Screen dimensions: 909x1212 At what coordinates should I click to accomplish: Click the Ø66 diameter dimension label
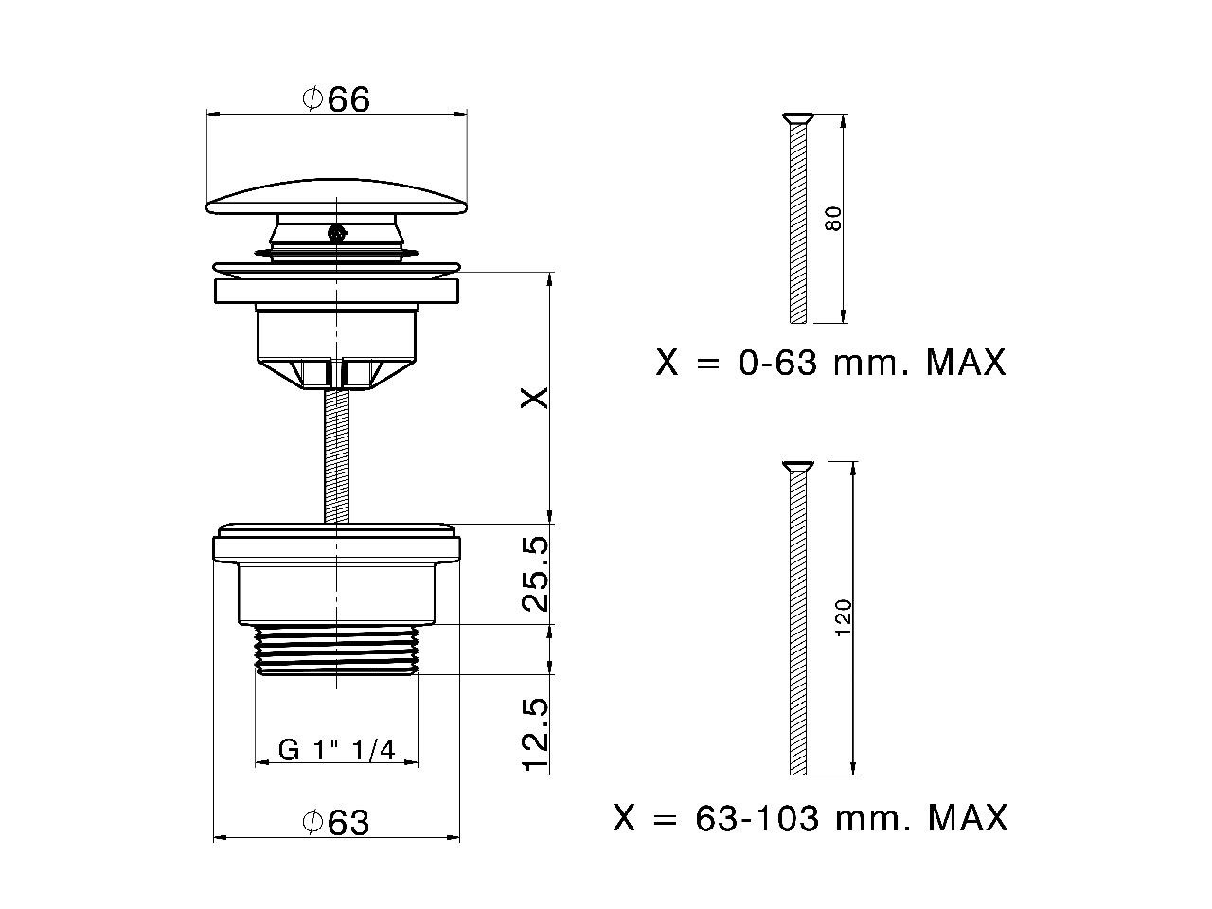pos(336,98)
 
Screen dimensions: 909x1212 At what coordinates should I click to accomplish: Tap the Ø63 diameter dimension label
pos(336,823)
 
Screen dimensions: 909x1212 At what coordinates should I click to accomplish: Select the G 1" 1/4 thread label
pos(336,750)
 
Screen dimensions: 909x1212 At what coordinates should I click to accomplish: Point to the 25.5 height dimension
pos(535,574)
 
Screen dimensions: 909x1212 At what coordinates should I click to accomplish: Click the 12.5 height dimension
pos(535,736)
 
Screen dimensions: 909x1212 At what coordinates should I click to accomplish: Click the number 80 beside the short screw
pos(833,219)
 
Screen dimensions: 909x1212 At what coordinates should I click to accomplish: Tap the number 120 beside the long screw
pos(845,617)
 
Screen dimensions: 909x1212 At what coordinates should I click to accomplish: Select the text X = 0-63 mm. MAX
pos(830,363)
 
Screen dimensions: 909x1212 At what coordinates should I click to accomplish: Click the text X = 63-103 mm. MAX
pos(811,817)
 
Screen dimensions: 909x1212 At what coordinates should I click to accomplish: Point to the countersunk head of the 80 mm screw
pos(797,118)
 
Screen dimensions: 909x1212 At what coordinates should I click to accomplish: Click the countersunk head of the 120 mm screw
pos(797,466)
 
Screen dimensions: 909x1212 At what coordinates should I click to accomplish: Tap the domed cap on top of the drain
pos(336,194)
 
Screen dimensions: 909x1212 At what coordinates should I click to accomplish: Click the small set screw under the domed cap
pos(334,232)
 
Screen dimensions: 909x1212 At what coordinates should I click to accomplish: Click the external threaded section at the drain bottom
pos(336,650)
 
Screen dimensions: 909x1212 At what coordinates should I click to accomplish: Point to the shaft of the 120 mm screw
pos(797,625)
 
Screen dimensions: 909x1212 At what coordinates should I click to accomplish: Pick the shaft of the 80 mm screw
pos(797,227)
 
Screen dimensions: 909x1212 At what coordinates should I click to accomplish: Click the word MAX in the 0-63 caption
pos(966,363)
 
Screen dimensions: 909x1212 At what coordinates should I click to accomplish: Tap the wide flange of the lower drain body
pos(336,548)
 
